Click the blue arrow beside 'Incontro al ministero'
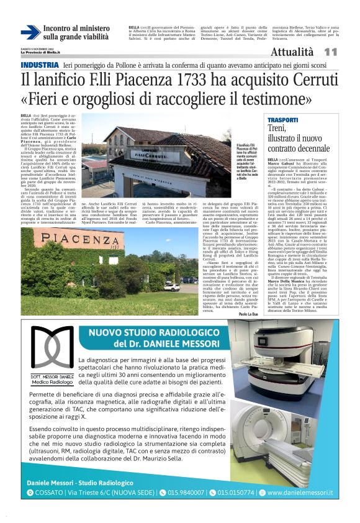click(x=30, y=32)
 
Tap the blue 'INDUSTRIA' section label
click(x=39, y=65)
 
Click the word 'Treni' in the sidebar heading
click(x=277, y=129)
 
